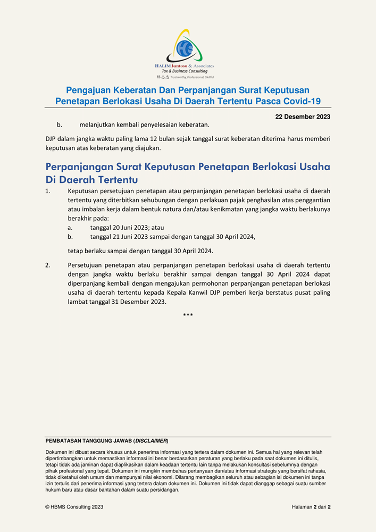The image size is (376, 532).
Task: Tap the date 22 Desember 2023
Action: click(303, 117)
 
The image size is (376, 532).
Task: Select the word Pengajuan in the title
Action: click(87, 90)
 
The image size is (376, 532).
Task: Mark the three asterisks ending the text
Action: click(188, 315)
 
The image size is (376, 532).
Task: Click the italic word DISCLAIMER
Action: click(151, 441)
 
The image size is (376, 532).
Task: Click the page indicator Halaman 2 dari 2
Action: click(311, 507)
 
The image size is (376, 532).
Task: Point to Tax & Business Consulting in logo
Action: click(185, 71)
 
